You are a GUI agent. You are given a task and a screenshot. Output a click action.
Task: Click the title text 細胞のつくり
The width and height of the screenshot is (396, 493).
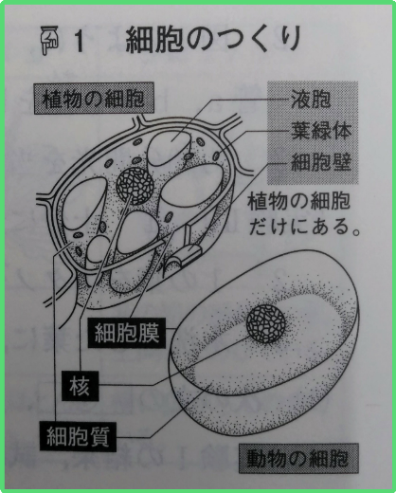pos(213,40)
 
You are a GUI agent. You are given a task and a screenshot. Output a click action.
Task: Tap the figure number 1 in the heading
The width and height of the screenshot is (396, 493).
pos(79,42)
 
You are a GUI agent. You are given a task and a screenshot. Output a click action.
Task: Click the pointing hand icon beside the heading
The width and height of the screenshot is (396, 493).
pos(49,40)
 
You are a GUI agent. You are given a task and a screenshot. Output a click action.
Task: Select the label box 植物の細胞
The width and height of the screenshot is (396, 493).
pos(94,99)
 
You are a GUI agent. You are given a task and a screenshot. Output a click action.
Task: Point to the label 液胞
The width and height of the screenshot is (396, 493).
pos(311,99)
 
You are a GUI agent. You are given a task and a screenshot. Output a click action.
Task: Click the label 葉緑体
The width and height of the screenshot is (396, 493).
pos(320,131)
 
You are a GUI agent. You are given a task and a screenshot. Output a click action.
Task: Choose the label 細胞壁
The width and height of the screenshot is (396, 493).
pos(320,163)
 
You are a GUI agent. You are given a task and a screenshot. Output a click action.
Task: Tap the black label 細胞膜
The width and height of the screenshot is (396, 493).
pos(127,333)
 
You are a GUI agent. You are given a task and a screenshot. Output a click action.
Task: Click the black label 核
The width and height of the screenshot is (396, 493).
pos(80,386)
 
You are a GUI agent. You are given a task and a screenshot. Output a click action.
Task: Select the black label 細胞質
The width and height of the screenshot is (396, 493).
pos(78,436)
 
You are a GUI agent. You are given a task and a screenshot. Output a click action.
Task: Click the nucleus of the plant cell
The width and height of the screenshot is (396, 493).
pos(135,186)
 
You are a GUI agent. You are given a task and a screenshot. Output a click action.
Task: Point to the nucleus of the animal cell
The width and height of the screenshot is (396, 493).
pos(266,324)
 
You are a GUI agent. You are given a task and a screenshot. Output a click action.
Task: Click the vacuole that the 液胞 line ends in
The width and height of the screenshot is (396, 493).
pos(169,148)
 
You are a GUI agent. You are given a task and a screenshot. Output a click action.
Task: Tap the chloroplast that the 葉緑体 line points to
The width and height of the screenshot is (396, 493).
pos(217,155)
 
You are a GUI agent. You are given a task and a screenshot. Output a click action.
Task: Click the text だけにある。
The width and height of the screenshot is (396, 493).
pos(305,227)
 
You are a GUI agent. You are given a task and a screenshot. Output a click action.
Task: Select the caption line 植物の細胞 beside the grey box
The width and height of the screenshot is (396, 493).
pos(298,201)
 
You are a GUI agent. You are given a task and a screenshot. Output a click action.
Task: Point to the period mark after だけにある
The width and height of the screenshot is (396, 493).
pos(356,232)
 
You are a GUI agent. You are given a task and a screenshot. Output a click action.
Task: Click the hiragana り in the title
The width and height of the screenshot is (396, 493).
pos(290,39)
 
